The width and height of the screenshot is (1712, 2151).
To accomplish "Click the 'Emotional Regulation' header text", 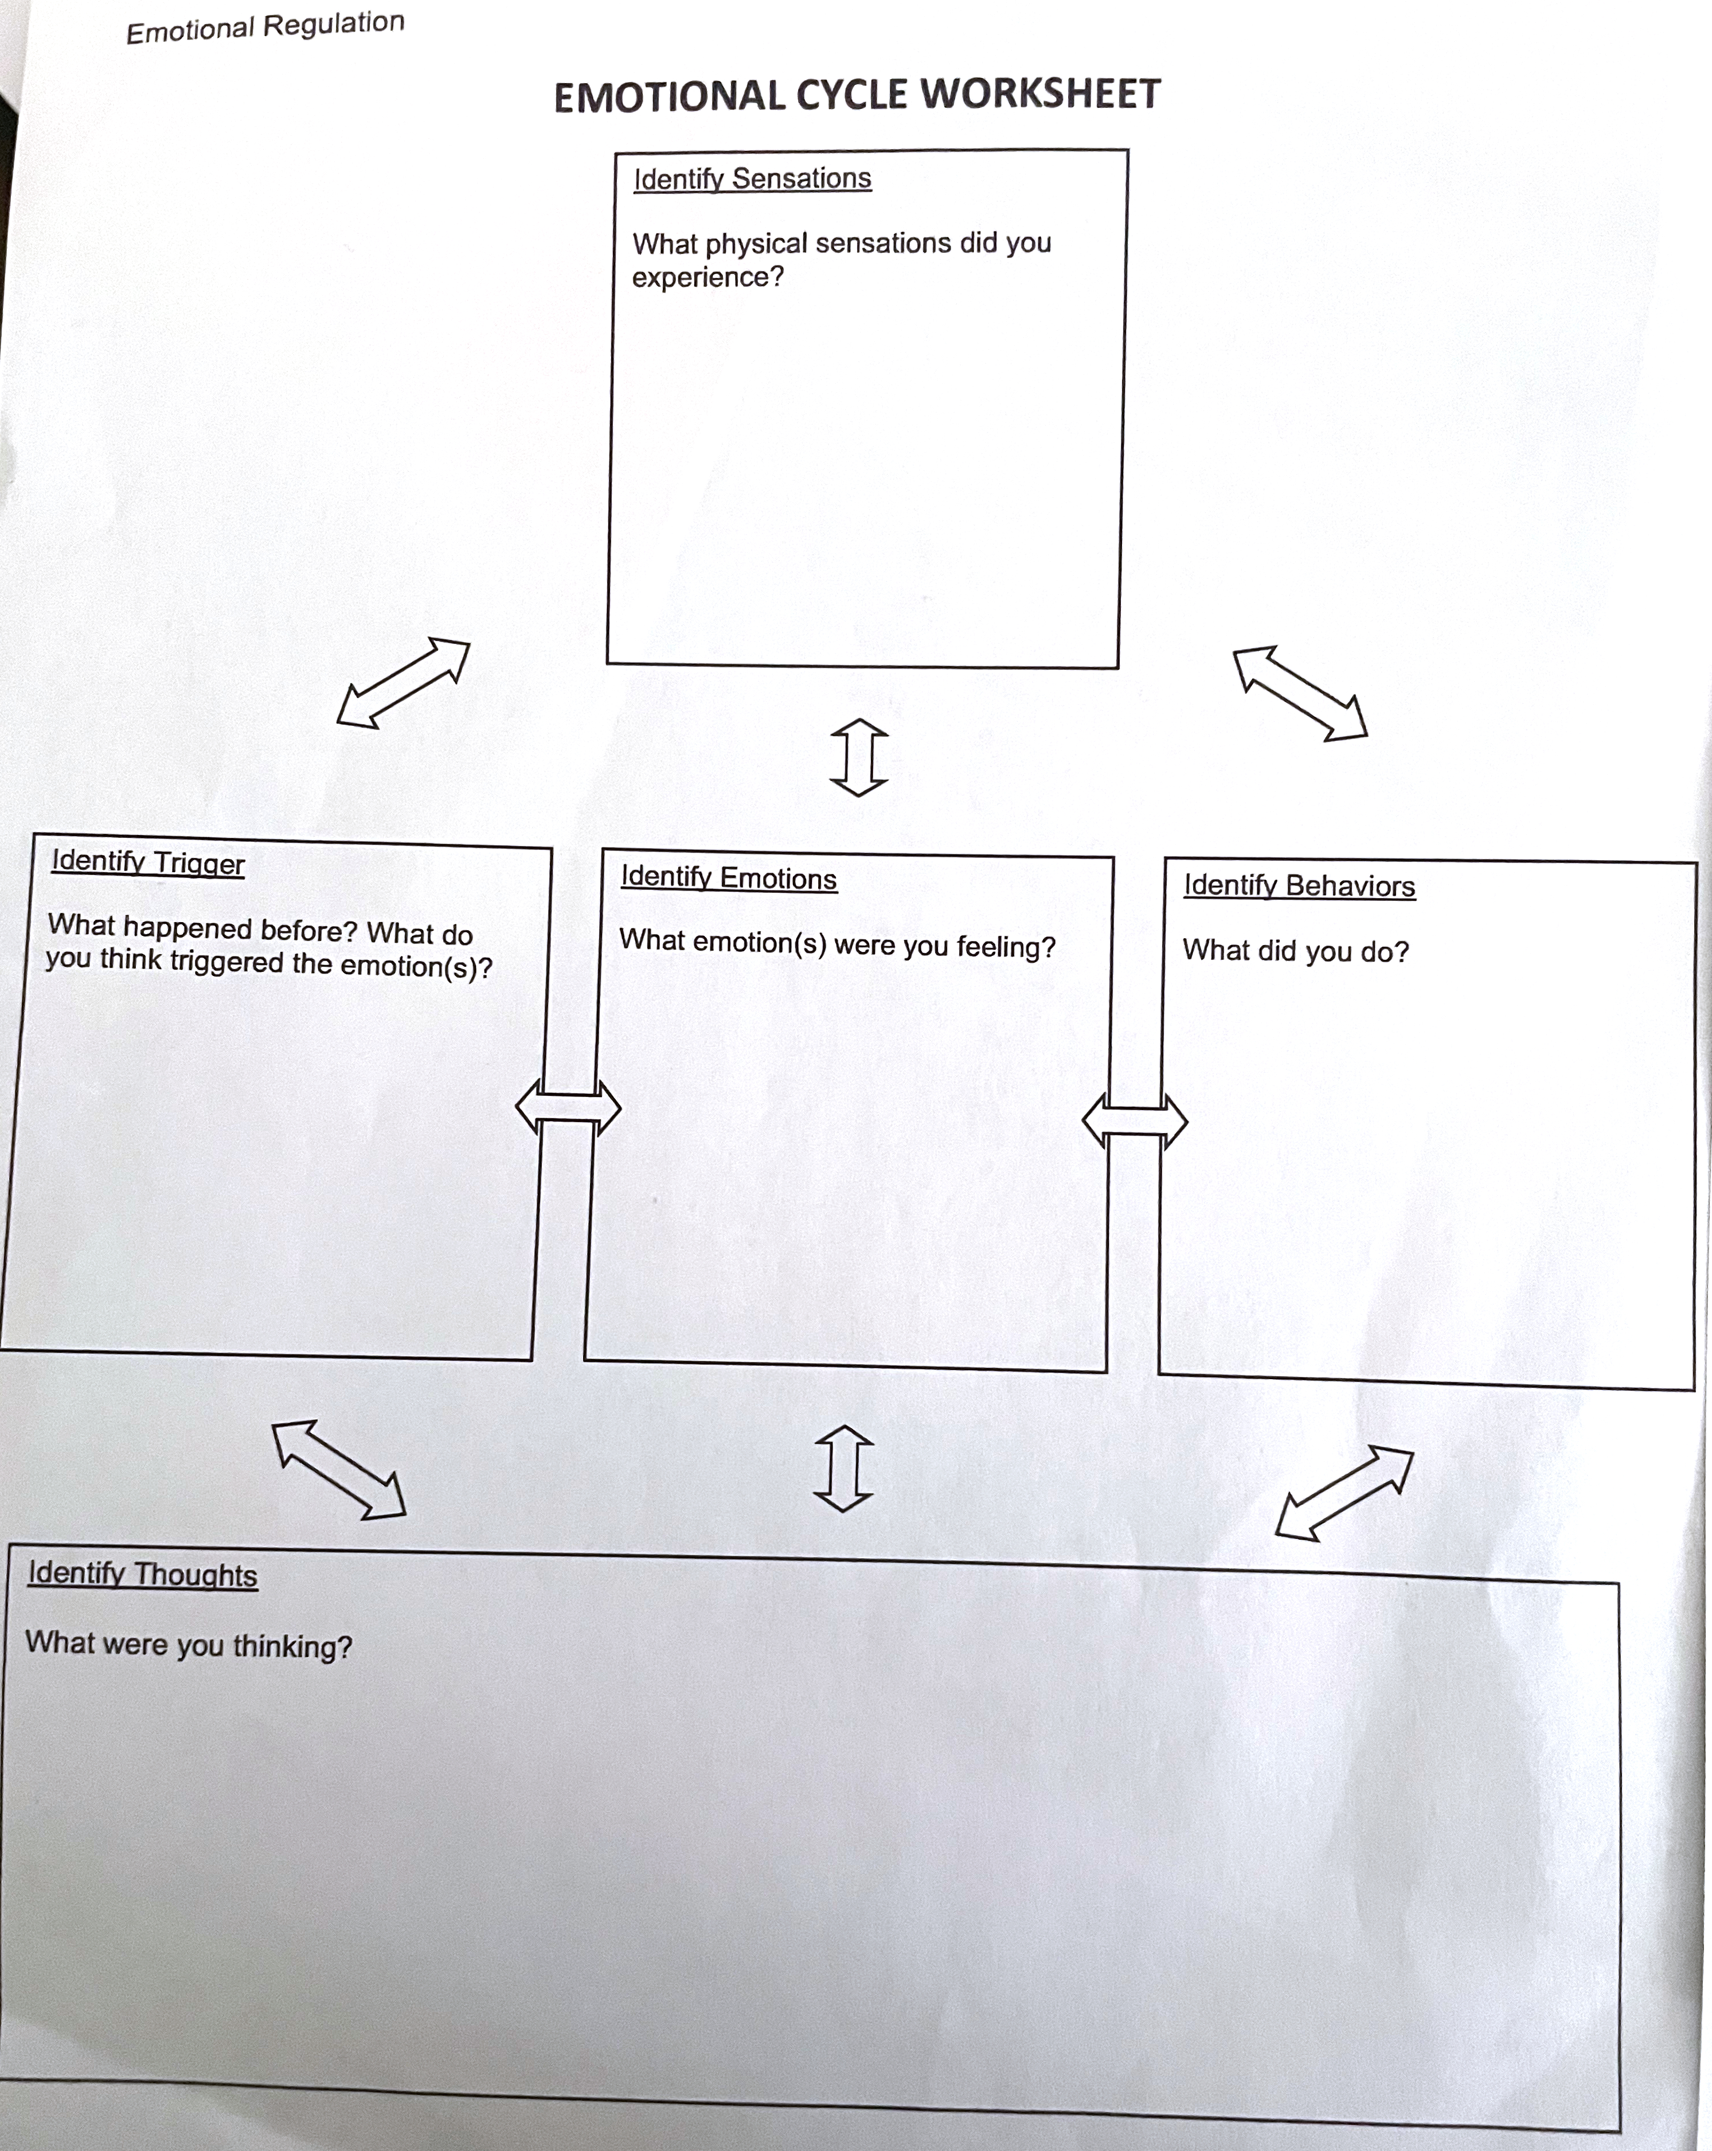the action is click(265, 27).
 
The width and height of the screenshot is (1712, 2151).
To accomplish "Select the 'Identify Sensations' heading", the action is click(752, 178).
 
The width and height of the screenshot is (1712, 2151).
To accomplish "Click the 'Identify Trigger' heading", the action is click(148, 862).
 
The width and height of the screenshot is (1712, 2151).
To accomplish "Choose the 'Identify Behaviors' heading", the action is click(1300, 886).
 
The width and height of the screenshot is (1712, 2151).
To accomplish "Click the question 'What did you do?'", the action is click(1296, 951).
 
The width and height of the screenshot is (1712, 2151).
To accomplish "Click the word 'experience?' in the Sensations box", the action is click(708, 278).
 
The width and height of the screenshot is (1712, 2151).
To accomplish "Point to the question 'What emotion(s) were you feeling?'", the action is click(837, 944).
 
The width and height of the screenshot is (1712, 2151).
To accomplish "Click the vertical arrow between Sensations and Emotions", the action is click(859, 758).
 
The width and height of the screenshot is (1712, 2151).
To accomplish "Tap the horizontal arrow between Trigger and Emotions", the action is click(568, 1107).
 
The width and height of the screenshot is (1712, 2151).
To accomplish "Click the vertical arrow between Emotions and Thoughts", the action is click(844, 1467).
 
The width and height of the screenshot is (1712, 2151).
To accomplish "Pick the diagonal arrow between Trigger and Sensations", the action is click(403, 684).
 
